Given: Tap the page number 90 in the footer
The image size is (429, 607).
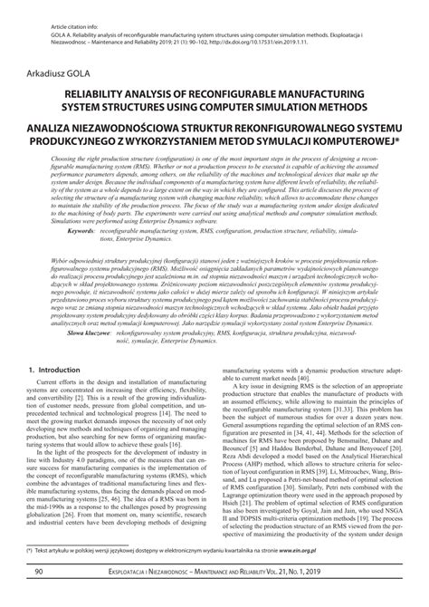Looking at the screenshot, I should point(39,597).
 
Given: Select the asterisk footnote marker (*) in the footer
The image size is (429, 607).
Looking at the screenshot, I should point(30,575).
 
